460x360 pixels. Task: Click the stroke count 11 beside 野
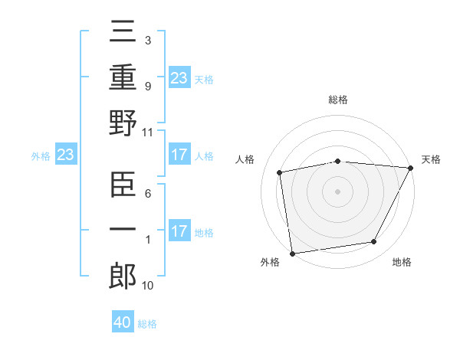(148, 132)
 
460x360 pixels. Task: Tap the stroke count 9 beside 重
(148, 87)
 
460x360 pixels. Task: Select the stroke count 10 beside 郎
(148, 286)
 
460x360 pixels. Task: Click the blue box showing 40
(123, 322)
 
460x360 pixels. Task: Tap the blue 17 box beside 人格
(179, 155)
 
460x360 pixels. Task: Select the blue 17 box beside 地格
(179, 232)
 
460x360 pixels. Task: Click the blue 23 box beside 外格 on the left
(65, 155)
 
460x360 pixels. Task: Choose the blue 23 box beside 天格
(179, 78)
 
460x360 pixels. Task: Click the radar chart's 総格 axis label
(338, 100)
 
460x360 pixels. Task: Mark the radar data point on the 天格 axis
(412, 168)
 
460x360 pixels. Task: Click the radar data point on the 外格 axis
(292, 253)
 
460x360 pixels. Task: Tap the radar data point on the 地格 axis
(374, 242)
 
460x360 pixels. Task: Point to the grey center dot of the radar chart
(338, 191)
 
